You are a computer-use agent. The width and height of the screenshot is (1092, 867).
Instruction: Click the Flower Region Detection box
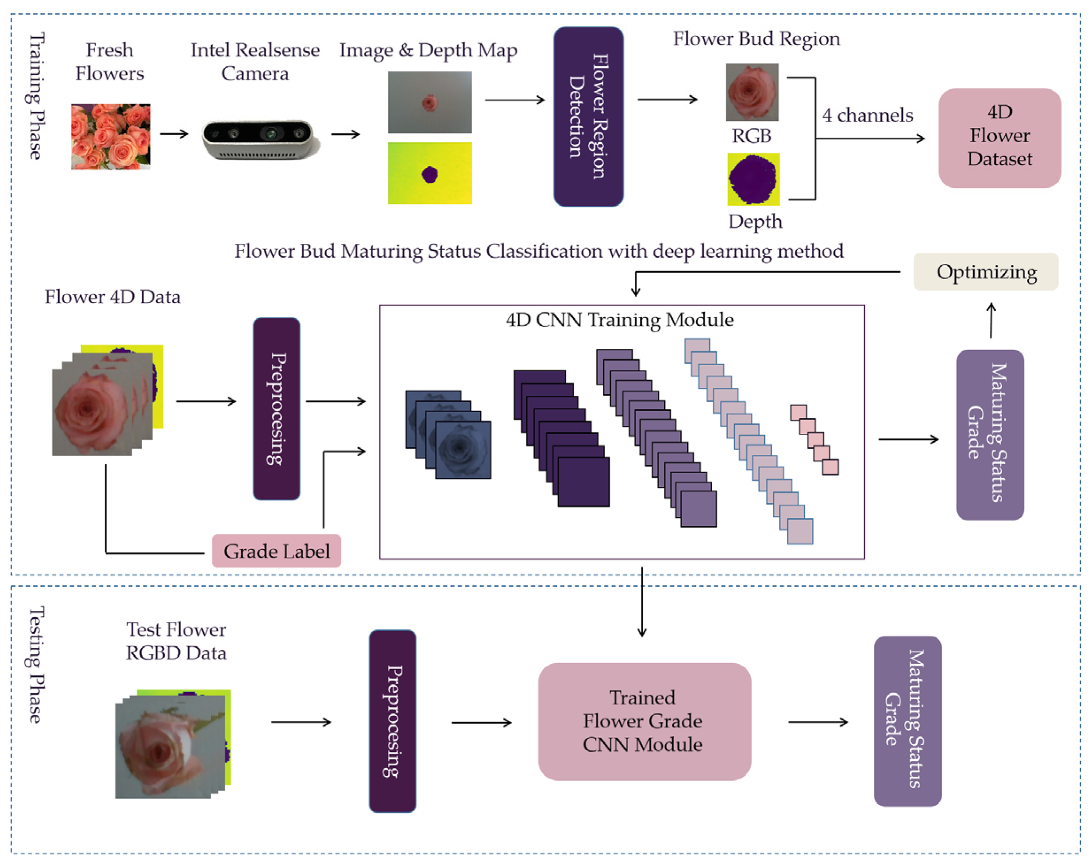tap(588, 116)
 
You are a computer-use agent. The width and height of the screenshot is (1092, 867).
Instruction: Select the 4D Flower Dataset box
tap(999, 138)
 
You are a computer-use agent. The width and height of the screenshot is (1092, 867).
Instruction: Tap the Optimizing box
tap(986, 272)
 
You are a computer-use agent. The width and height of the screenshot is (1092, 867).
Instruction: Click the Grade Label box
tap(276, 551)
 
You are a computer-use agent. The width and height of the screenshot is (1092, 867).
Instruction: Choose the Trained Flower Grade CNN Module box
tap(644, 721)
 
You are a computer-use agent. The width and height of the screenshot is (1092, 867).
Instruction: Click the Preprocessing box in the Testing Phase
tap(392, 721)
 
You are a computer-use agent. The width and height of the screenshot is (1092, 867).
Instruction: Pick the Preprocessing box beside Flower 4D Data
tap(276, 408)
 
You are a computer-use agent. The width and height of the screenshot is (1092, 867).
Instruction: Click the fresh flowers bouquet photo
tap(110, 136)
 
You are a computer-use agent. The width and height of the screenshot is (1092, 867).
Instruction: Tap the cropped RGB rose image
tap(752, 92)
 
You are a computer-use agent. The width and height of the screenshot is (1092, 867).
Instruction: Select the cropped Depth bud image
tap(753, 179)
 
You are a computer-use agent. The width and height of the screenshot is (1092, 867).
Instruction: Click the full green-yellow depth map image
tap(429, 173)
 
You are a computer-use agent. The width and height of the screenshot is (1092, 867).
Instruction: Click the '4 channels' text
tap(867, 116)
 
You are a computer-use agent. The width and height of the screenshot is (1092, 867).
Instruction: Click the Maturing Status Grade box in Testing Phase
tap(907, 721)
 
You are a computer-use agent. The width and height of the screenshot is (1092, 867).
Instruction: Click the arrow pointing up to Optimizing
tap(991, 320)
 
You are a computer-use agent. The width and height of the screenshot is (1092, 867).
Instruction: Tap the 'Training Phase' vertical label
tap(35, 96)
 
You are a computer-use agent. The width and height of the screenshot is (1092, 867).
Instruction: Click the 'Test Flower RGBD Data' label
tap(176, 641)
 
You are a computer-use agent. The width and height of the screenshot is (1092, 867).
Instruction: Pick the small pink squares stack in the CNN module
tap(814, 439)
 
